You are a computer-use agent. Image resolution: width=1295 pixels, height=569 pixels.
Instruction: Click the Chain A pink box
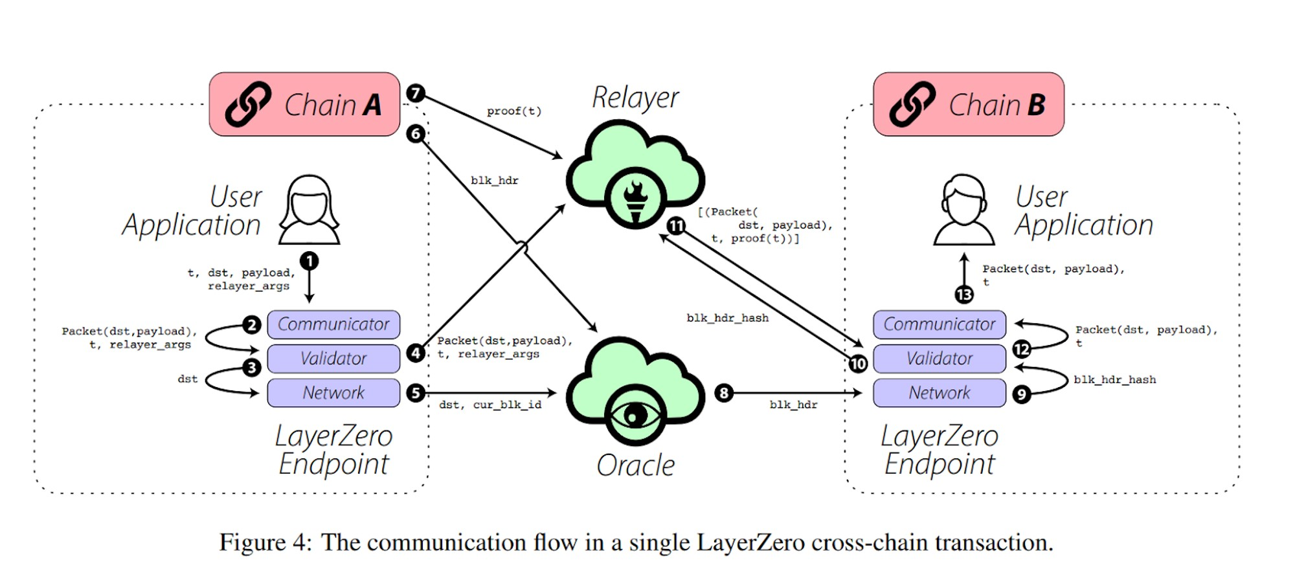coord(304,104)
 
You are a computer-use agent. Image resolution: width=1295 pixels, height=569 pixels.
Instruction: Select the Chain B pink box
coord(968,104)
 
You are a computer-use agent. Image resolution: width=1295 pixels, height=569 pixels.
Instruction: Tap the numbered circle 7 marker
coord(415,93)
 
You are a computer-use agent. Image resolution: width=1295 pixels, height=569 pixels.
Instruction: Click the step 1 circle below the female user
coord(310,261)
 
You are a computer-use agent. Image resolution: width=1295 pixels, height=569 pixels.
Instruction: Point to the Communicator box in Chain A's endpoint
coord(333,324)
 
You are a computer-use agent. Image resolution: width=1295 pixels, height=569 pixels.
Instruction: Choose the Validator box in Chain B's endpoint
coord(939,359)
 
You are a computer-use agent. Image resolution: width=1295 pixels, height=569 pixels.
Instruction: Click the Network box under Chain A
coord(333,393)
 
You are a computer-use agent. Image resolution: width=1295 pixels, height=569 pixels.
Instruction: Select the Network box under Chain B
coord(939,393)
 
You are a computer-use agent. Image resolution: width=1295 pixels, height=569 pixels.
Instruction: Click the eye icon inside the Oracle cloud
coord(635,416)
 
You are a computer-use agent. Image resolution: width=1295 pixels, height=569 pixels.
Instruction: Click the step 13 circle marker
coord(964,295)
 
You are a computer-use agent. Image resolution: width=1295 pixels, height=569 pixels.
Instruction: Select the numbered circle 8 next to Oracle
coord(724,393)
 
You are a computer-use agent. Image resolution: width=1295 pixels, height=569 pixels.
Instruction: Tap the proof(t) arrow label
coord(514,111)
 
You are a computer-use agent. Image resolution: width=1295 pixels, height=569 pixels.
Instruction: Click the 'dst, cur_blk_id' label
coord(490,405)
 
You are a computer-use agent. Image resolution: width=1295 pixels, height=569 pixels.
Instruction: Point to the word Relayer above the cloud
coord(635,98)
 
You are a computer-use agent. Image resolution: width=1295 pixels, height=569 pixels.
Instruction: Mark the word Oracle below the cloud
coord(635,465)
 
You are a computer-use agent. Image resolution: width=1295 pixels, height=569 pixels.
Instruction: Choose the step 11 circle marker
coord(676,226)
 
